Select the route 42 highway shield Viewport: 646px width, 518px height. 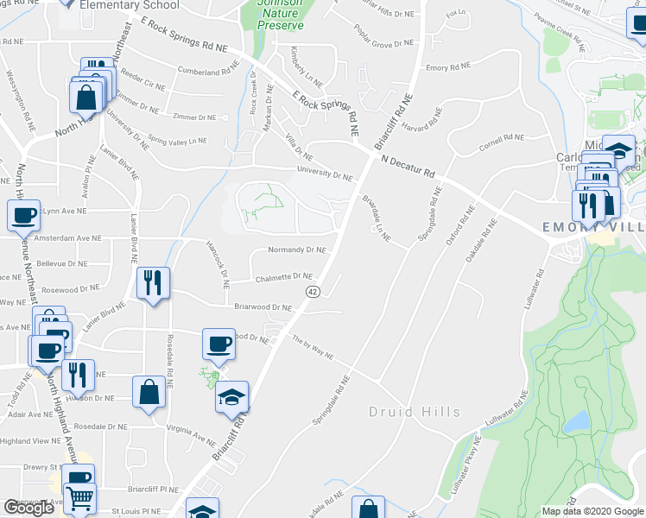312,292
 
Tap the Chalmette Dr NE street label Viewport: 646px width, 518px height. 284,277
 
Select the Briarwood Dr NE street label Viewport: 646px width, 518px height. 263,306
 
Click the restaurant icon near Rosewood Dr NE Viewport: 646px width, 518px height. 153,282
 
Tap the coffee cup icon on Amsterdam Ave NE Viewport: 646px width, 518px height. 24,215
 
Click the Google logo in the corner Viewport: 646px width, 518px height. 28,508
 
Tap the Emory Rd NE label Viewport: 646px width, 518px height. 448,66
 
